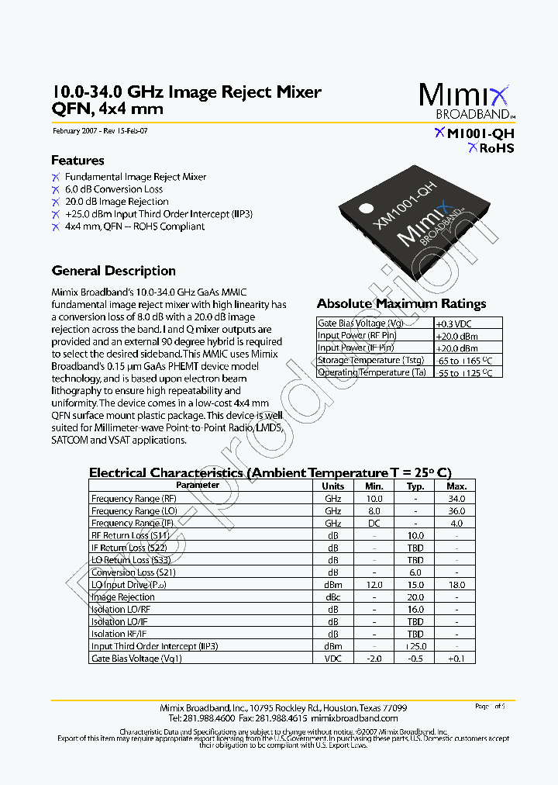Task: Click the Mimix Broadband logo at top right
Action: [x=466, y=100]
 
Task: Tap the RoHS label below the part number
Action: [x=491, y=148]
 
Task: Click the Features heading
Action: [x=77, y=161]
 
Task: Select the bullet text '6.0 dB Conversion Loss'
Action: [x=114, y=189]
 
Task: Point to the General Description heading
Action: [x=113, y=271]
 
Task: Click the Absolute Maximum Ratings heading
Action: [x=401, y=304]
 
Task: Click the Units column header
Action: [x=333, y=486]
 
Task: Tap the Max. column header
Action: [x=456, y=486]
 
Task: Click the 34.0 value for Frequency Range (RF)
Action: [x=456, y=499]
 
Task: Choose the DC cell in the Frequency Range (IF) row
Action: [x=374, y=524]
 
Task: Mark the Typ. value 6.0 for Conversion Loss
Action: [x=415, y=572]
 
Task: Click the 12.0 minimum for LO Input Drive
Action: [x=374, y=585]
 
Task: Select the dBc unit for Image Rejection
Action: [x=333, y=597]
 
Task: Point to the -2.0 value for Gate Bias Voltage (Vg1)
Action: [x=374, y=659]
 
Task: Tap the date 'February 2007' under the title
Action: [x=74, y=131]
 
